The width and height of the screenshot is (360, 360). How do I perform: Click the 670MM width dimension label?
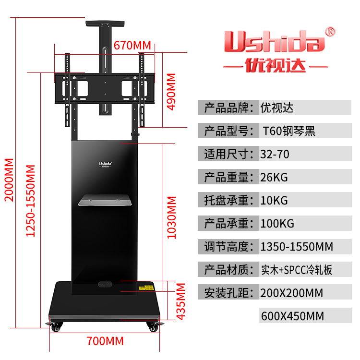click(132, 45)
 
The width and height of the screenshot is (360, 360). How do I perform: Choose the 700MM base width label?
click(105, 341)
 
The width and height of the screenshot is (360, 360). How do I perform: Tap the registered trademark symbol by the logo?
click(330, 32)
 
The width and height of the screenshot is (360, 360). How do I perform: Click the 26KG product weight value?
click(274, 177)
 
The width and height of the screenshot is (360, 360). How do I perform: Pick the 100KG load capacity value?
click(277, 223)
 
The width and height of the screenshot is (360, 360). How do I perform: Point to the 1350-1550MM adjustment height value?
click(296, 247)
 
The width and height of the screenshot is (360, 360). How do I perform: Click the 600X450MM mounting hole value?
click(292, 316)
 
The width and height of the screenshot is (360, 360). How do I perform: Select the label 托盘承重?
click(228, 200)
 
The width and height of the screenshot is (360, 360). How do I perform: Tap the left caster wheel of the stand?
click(56, 327)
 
